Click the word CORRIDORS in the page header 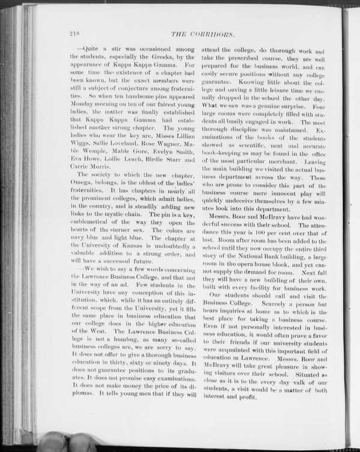click(220, 34)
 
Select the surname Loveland click(133, 143)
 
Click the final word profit click(248, 397)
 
